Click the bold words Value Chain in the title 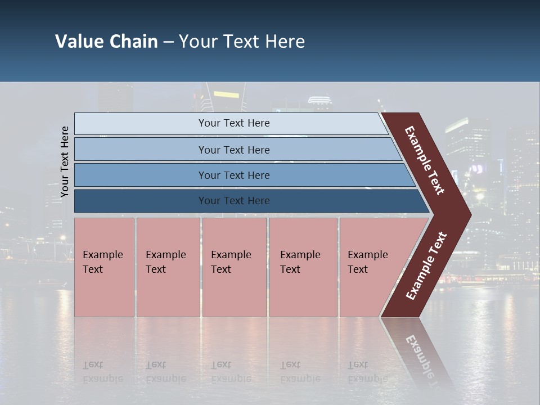(106, 42)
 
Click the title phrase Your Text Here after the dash (242, 42)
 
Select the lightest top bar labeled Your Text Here (233, 123)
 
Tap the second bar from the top (233, 150)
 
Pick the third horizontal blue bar (233, 175)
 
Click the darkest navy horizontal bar (233, 201)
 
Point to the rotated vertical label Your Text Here (65, 161)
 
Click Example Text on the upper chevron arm (425, 160)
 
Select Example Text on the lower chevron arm (426, 266)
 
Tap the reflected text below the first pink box (102, 372)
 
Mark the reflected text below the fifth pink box (367, 372)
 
